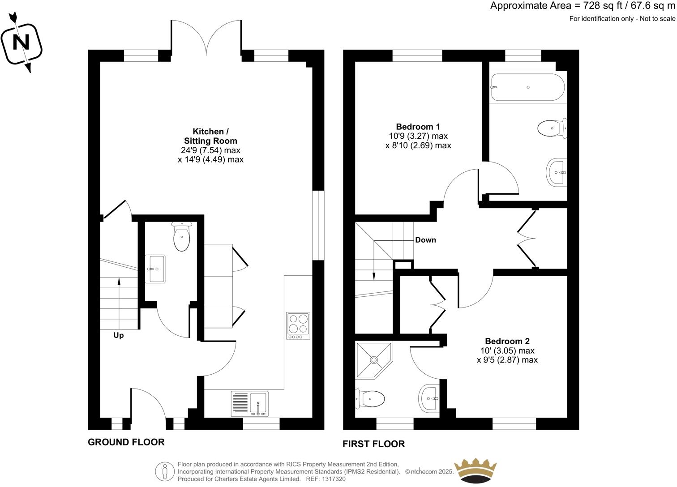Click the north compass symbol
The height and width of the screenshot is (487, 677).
click(x=21, y=43)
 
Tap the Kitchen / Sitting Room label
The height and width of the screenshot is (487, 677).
click(x=210, y=136)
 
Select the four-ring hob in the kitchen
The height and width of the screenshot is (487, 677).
click(x=298, y=326)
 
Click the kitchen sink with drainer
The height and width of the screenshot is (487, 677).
click(x=250, y=404)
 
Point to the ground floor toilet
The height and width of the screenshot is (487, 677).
click(x=182, y=237)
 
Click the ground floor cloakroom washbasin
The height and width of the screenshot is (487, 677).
click(x=155, y=269)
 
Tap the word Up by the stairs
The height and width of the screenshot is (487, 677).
click(x=118, y=335)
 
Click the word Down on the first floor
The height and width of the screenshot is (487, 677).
click(x=425, y=240)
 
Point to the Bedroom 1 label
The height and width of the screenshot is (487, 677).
click(x=415, y=127)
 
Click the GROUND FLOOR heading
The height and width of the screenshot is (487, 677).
click(x=126, y=442)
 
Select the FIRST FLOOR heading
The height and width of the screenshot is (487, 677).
click(x=373, y=444)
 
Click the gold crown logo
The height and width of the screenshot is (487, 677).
click(x=476, y=471)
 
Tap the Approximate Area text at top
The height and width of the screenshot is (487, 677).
click(x=582, y=6)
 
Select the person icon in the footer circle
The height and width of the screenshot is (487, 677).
click(x=165, y=471)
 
